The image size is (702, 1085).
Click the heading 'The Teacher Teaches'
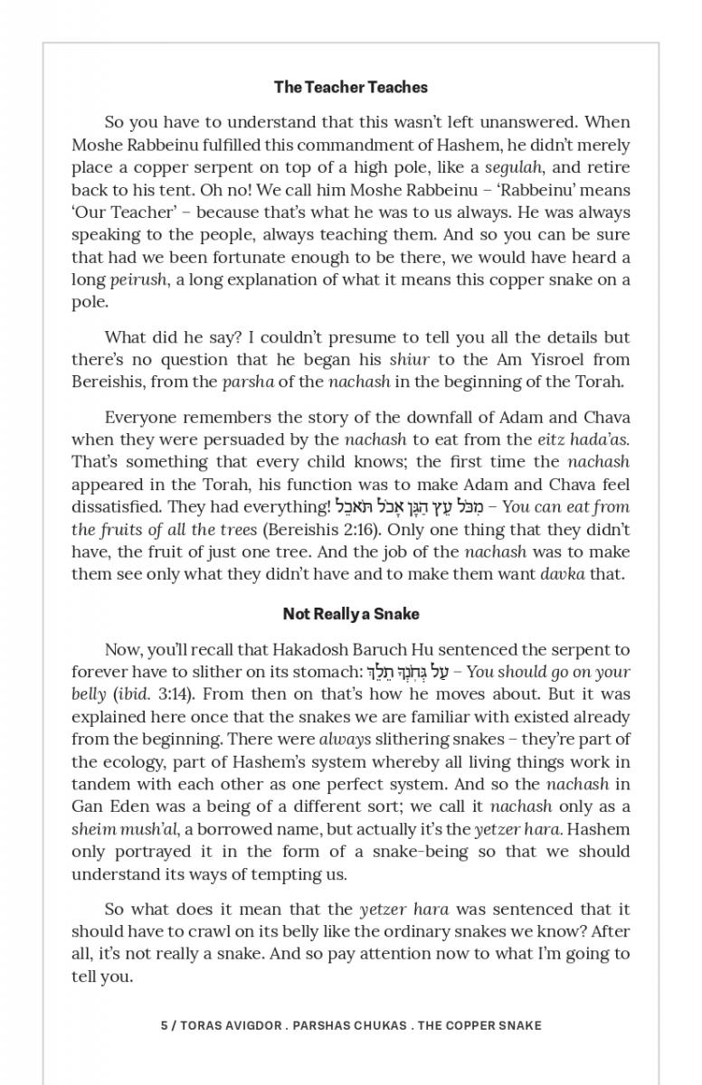(351, 88)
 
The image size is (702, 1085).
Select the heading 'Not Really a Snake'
(351, 614)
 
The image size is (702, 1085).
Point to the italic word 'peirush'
(138, 280)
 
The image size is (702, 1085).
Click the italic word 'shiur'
(409, 359)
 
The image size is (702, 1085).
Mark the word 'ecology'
(136, 761)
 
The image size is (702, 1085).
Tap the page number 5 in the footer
(164, 1025)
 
